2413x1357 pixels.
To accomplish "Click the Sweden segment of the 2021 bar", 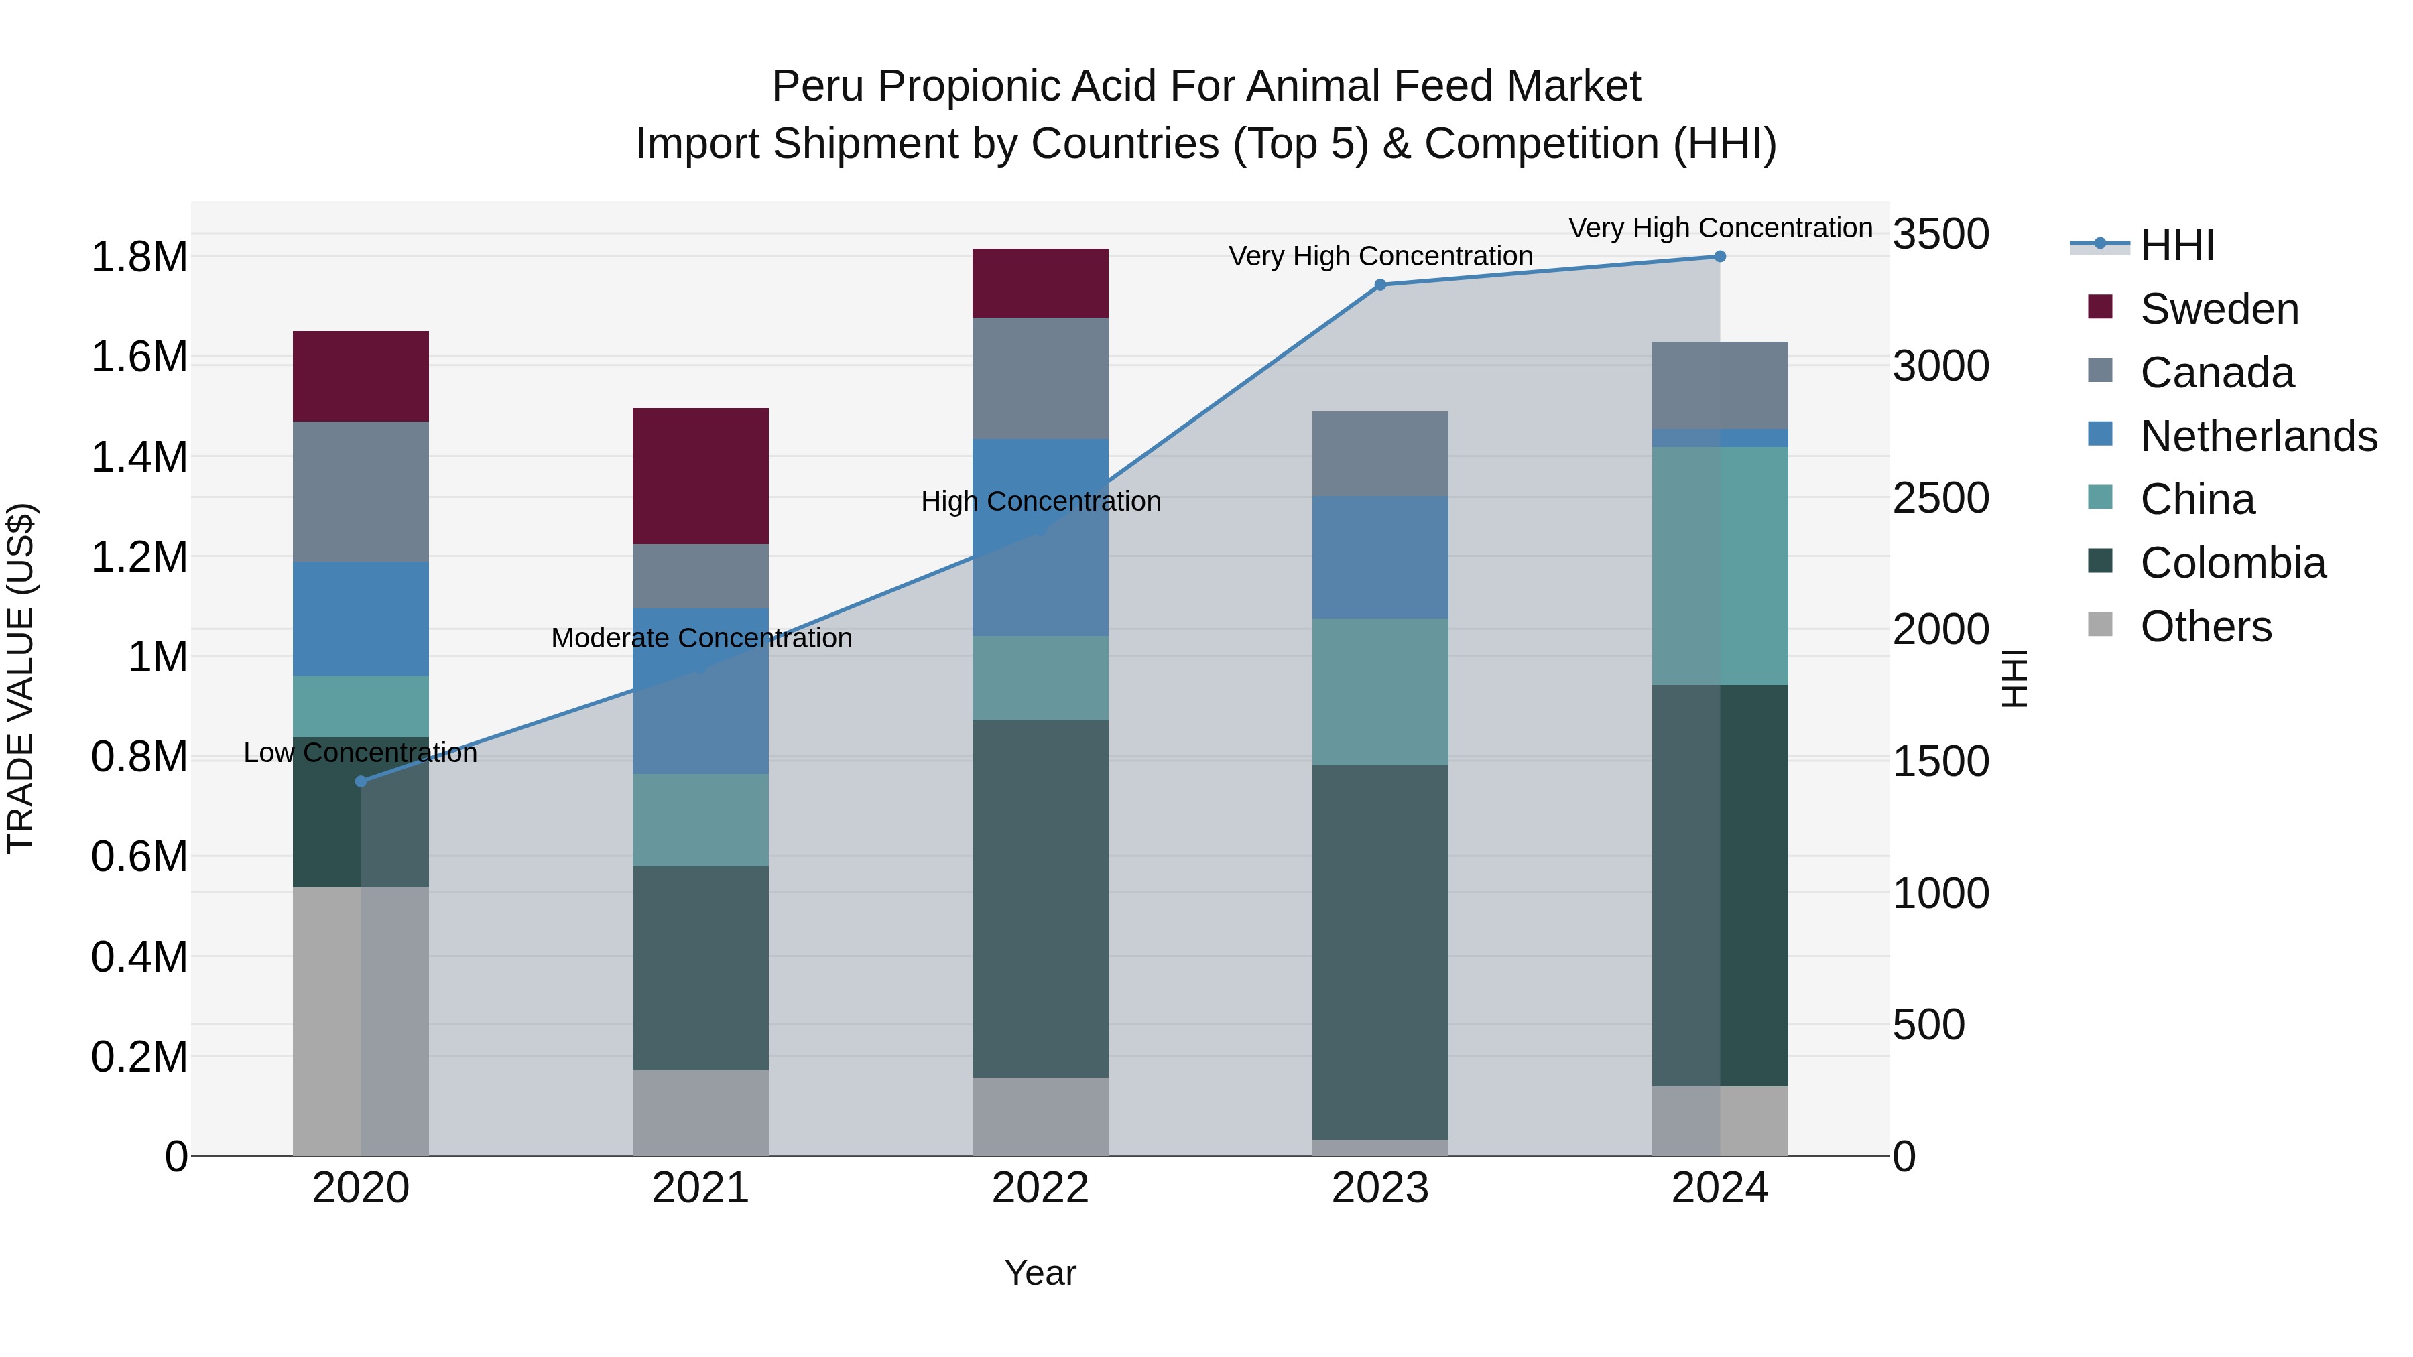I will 700,476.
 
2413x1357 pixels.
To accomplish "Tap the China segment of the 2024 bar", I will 1719,566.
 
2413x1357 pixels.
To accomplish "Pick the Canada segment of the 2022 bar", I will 1040,379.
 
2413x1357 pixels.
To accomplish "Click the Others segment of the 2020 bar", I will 361,1021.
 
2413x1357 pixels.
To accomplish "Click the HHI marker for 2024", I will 1719,257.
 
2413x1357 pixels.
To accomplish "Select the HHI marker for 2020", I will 361,781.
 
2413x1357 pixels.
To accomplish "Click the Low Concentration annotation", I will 361,753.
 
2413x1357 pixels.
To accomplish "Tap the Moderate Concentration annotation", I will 700,639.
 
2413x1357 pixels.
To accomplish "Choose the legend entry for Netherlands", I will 2257,436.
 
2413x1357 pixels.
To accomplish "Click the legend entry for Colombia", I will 2231,563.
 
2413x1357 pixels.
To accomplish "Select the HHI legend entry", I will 2175,245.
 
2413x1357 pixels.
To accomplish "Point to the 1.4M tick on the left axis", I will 139,458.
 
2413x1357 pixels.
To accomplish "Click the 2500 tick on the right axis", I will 1940,498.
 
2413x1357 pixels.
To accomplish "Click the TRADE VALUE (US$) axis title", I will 21,678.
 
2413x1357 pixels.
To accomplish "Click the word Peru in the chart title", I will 817,86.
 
